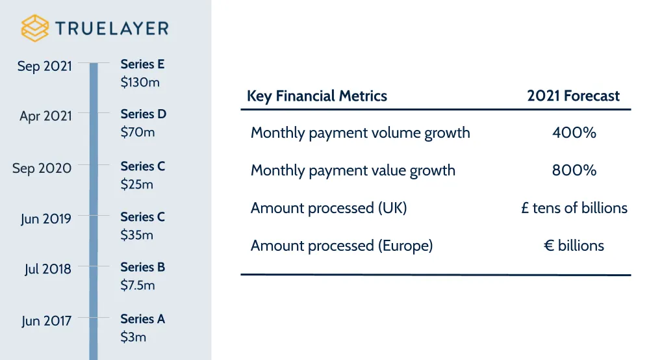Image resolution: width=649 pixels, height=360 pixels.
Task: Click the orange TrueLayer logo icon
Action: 35,28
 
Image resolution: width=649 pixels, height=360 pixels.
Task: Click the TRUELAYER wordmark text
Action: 112,29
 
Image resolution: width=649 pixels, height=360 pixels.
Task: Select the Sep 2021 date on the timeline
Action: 45,66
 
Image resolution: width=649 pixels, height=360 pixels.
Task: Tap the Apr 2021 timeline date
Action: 45,116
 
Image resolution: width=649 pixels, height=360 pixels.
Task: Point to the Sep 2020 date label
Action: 42,168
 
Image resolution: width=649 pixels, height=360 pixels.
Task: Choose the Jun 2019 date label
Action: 45,218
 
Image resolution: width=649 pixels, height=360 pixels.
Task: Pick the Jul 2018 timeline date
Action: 48,269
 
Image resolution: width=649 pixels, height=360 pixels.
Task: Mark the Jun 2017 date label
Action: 46,321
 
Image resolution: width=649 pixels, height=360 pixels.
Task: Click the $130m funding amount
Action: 140,82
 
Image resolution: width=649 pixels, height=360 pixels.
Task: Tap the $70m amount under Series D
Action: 138,132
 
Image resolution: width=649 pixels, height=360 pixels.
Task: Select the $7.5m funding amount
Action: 138,285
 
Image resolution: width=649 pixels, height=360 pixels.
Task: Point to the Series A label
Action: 143,319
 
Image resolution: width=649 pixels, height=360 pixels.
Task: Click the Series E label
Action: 143,64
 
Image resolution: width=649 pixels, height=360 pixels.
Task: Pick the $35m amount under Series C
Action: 137,235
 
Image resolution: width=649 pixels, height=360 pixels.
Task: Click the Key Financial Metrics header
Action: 317,97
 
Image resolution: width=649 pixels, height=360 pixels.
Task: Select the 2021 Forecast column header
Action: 574,97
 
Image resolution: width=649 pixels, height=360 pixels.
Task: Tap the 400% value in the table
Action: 574,133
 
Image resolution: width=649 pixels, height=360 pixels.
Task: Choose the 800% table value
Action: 574,171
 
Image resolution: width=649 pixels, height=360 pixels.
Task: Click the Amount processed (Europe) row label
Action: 342,246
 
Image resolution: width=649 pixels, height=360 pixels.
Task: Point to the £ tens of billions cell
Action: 574,208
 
